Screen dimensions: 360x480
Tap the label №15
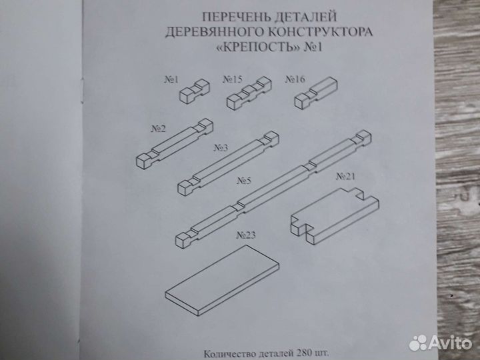point(231,80)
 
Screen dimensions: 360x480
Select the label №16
point(295,80)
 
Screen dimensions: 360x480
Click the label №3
point(221,147)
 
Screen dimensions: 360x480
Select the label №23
point(247,235)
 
